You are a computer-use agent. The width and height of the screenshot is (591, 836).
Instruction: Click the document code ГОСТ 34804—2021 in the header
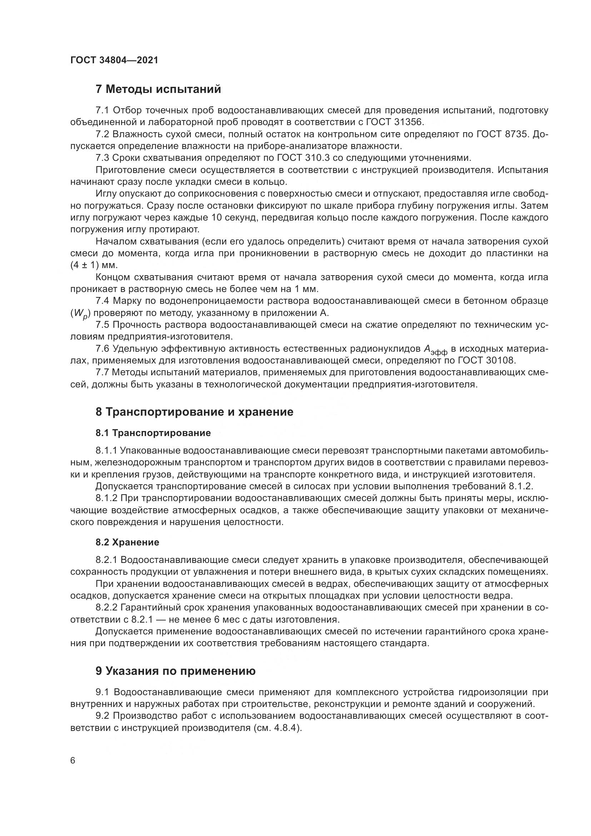click(114, 60)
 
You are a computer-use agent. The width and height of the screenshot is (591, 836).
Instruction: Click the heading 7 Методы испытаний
click(158, 89)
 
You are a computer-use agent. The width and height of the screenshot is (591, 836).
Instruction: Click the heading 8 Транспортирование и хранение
click(194, 412)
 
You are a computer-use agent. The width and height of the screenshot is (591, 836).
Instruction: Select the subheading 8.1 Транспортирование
click(153, 433)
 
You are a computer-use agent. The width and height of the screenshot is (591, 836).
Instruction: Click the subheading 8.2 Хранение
click(127, 543)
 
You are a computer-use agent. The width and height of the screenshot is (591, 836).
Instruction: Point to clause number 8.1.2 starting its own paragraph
click(106, 498)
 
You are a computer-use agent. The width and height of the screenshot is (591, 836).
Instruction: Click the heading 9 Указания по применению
click(175, 671)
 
